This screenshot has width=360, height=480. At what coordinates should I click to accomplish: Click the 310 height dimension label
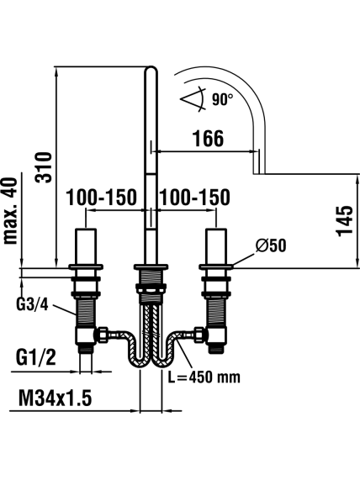click(44, 167)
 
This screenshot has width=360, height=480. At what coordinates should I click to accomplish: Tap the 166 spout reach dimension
click(208, 139)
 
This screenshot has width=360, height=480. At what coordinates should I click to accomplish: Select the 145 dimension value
click(345, 221)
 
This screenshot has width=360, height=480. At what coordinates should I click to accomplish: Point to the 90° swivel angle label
click(222, 100)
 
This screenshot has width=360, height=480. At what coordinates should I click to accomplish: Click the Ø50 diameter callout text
click(271, 245)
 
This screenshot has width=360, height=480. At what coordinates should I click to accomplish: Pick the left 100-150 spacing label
click(102, 198)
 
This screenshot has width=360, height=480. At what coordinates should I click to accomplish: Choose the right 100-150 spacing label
click(195, 198)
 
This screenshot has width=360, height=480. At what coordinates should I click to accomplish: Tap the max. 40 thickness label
click(10, 211)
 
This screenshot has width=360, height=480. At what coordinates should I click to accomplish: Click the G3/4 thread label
click(32, 304)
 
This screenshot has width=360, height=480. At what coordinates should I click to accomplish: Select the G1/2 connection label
click(36, 357)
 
